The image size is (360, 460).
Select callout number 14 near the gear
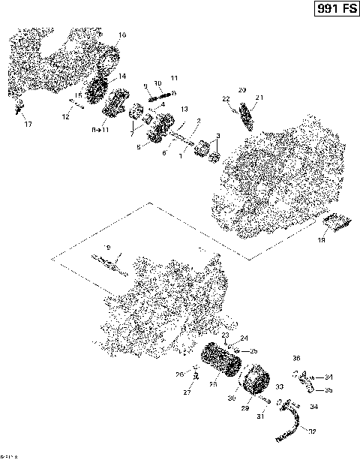tap(121, 77)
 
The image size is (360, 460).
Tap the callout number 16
tap(122, 35)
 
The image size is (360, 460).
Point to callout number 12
tap(66, 117)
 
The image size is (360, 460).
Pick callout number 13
tap(183, 110)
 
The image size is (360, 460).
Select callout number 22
tap(225, 99)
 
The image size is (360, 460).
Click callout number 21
tap(259, 98)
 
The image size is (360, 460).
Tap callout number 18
tap(321, 241)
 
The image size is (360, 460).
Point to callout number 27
tap(187, 392)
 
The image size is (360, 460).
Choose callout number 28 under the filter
tap(213, 384)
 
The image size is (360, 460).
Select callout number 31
tap(262, 416)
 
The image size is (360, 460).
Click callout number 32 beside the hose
tap(311, 431)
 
